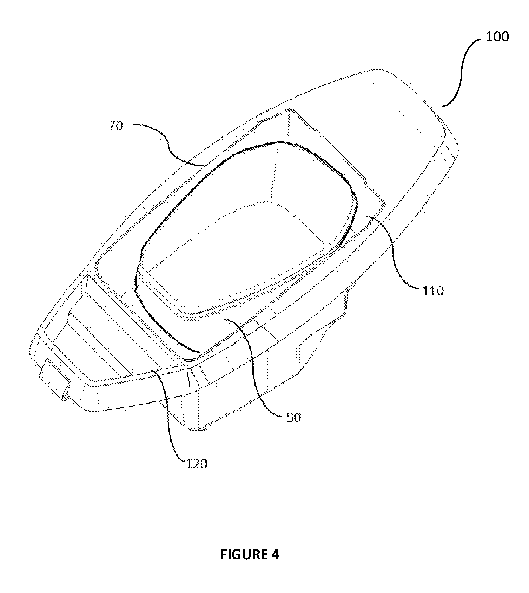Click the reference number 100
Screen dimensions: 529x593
(497, 37)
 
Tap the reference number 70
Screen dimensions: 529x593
(116, 125)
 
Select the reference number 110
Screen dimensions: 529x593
(433, 291)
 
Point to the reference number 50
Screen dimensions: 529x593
(294, 418)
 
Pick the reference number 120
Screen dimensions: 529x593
(197, 464)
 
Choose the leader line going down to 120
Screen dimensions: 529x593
(168, 414)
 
